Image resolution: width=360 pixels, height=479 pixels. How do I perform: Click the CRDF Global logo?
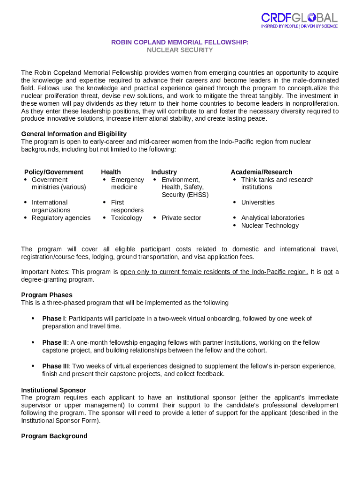click(x=299, y=20)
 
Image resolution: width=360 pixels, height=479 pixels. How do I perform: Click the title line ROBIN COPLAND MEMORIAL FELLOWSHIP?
click(x=180, y=43)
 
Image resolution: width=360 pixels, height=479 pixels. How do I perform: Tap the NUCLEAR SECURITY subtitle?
click(x=180, y=50)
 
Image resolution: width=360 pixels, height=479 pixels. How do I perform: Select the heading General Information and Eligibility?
click(x=74, y=134)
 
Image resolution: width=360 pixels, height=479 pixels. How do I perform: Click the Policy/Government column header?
click(x=54, y=172)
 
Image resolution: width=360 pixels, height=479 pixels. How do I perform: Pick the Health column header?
click(x=111, y=172)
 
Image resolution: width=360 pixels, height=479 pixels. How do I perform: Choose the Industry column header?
click(x=164, y=172)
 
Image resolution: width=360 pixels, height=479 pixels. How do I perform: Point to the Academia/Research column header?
click(x=261, y=172)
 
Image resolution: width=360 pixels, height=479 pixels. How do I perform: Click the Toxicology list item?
click(x=126, y=218)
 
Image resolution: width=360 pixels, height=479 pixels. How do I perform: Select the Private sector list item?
click(x=181, y=218)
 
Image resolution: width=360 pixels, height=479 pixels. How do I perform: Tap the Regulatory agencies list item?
click(x=61, y=218)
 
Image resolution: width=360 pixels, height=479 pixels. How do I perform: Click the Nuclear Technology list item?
click(x=270, y=225)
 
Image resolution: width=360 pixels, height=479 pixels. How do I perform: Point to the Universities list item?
click(x=258, y=203)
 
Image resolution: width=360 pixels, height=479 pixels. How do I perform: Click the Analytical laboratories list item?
click(x=273, y=218)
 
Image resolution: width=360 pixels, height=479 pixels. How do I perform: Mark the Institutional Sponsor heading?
click(x=53, y=390)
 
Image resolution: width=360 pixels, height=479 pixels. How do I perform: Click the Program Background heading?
click(x=54, y=436)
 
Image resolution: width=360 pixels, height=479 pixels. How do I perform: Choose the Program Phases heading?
click(x=47, y=295)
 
